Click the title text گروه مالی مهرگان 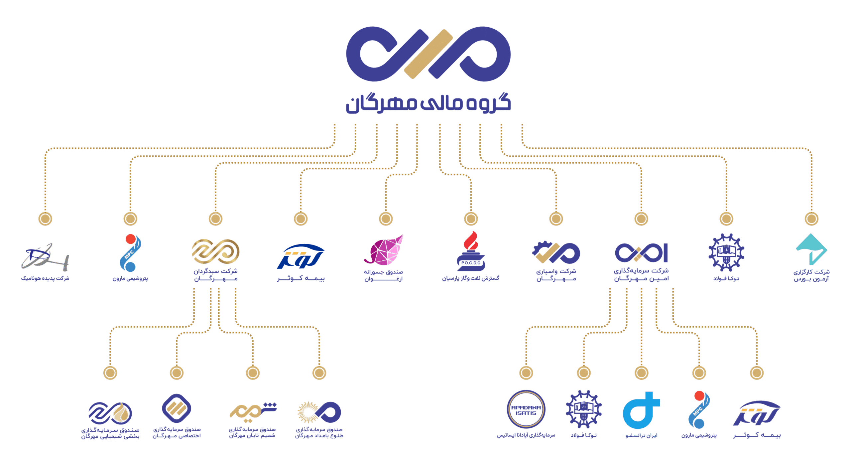[428, 103]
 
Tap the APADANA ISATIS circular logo [526, 409]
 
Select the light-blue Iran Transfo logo [641, 411]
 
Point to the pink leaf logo [385, 250]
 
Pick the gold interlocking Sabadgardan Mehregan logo [215, 251]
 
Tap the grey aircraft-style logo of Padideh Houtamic [45, 257]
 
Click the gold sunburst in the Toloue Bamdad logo [307, 412]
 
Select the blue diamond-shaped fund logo [176, 408]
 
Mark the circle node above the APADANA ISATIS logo [526, 373]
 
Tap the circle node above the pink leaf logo [386, 219]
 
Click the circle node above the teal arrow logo [811, 219]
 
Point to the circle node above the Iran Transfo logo [641, 373]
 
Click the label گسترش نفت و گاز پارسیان [470, 278]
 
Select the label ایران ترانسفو [641, 435]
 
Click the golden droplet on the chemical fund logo [122, 412]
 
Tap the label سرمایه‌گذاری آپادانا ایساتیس [526, 435]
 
